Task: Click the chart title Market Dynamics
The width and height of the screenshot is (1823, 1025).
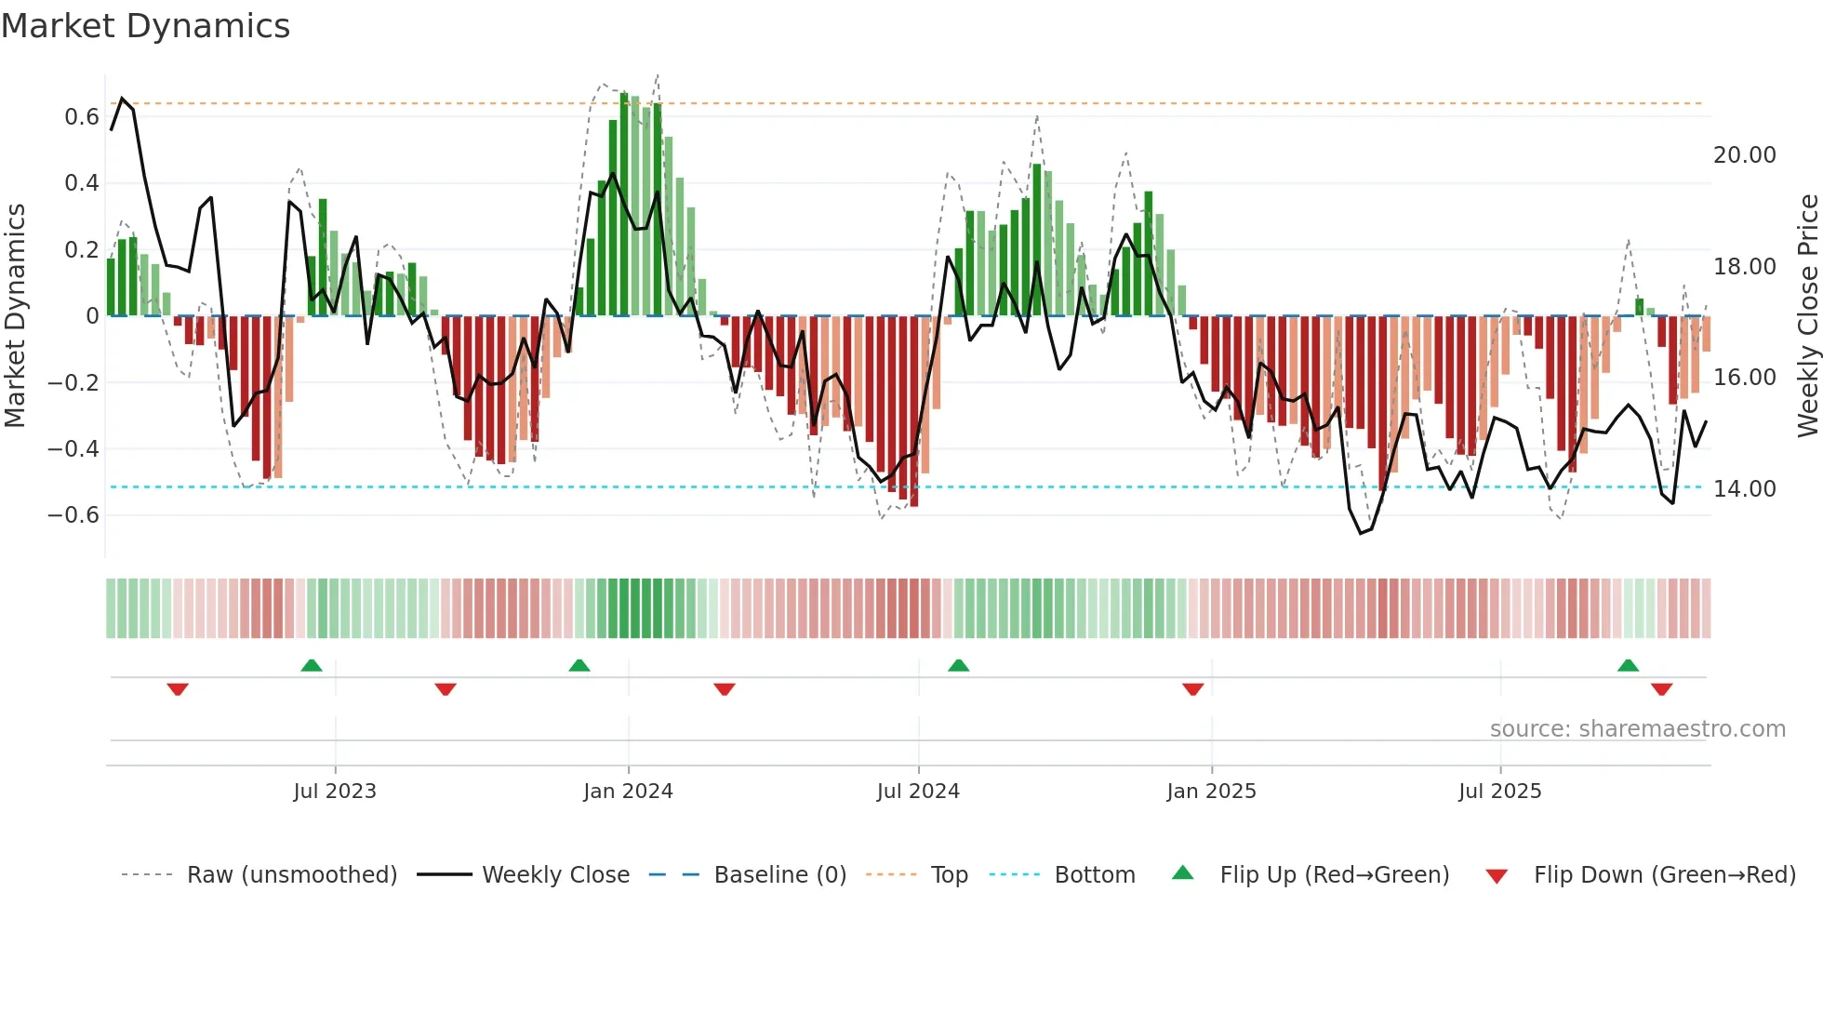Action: [145, 26]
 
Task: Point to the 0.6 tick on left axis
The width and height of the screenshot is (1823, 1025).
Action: [82, 117]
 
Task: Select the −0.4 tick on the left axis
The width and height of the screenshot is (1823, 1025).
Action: [73, 449]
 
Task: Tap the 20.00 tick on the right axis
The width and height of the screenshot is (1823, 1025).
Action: [1744, 155]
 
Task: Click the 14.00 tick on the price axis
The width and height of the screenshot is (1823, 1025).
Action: [1744, 489]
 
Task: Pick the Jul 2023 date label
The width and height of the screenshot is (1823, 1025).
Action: [335, 792]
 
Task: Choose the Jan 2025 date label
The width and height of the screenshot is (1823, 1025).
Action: [1211, 792]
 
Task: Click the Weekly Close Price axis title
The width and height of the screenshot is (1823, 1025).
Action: [1807, 316]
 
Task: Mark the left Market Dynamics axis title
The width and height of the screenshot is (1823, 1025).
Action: [16, 316]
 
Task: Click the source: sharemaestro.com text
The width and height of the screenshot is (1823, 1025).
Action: [1637, 729]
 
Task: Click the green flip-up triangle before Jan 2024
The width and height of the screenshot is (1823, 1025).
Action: [579, 665]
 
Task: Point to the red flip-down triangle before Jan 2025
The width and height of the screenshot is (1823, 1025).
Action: [1193, 689]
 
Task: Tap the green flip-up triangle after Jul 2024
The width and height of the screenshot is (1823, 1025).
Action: [959, 665]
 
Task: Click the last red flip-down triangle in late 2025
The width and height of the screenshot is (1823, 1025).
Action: [1662, 689]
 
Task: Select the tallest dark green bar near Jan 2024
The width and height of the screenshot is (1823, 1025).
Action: [624, 205]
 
